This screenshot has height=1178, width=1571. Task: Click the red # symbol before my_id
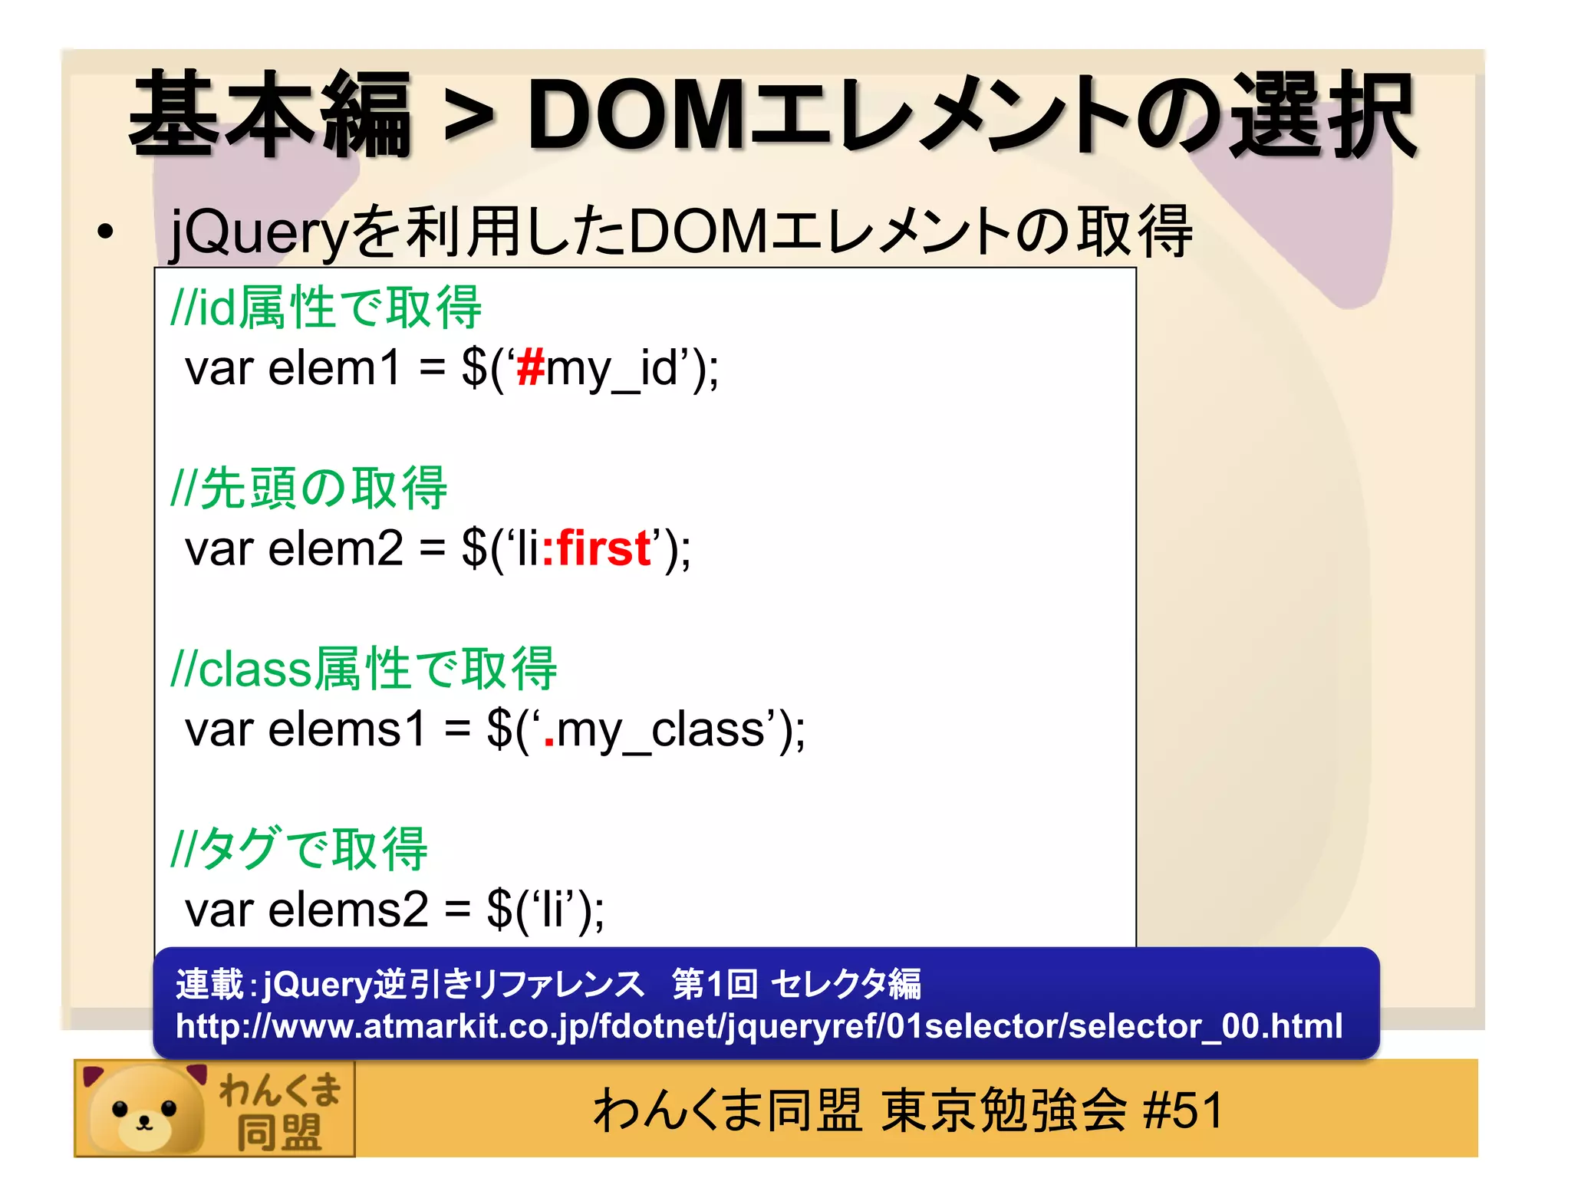point(530,367)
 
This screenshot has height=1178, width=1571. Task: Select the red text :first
point(597,548)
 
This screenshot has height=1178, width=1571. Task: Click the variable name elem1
point(334,367)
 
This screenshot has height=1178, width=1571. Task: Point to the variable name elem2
point(335,548)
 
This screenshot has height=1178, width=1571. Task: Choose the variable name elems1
point(347,729)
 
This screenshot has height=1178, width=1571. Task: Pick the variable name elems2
point(347,910)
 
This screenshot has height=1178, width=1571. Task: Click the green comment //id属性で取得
point(326,308)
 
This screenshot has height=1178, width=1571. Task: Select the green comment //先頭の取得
point(309,489)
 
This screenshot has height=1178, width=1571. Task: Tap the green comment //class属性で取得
point(364,669)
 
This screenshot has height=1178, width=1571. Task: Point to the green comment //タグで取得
point(299,850)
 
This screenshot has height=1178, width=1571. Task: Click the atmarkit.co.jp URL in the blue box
point(759,1026)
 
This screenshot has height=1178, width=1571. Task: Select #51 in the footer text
point(1182,1110)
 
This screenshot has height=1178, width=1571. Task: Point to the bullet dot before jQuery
point(105,232)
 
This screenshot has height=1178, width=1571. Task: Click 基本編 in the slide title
point(270,115)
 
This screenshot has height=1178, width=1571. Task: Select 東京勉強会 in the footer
point(1003,1110)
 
